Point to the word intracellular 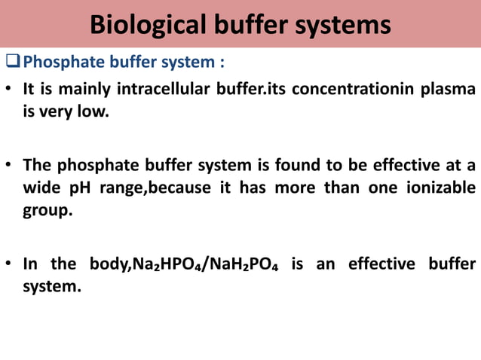tap(165, 90)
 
